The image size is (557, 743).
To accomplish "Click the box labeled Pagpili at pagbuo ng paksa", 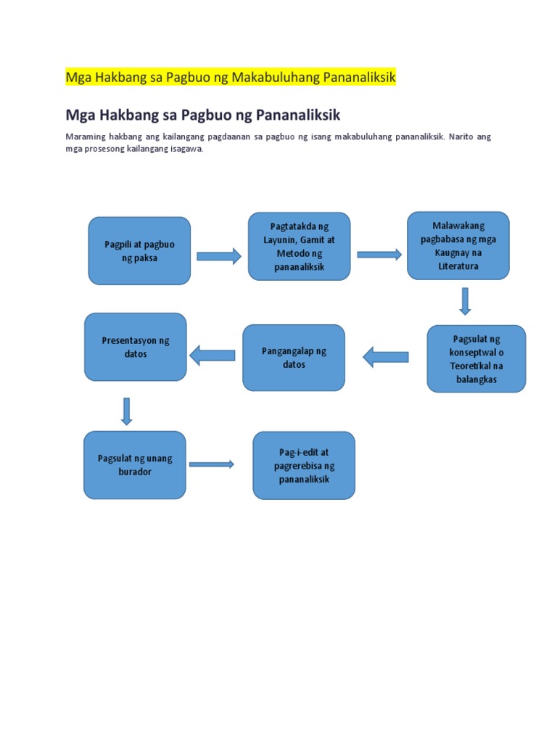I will [x=139, y=250].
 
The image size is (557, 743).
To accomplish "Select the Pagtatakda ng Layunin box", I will [x=299, y=247].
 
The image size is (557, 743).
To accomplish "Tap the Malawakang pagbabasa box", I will [x=458, y=245].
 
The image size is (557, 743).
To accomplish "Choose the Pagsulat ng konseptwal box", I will [x=476, y=358].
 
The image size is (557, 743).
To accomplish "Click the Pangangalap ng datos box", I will [x=294, y=358].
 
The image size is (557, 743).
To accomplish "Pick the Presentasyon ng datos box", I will [x=136, y=347].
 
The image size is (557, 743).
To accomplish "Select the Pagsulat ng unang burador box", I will [x=135, y=465].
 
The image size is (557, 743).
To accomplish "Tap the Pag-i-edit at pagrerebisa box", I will [x=304, y=466].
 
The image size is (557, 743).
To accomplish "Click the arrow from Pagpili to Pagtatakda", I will [x=218, y=255].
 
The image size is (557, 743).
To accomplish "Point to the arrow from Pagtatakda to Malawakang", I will [x=379, y=254].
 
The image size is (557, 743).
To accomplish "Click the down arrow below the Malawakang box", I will [x=465, y=301].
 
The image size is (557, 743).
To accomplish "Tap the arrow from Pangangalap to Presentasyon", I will [x=213, y=355].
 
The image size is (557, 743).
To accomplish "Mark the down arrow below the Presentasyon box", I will [x=127, y=411].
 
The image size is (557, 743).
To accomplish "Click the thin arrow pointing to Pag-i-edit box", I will [x=211, y=464].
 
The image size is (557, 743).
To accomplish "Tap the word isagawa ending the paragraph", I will [x=187, y=149].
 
